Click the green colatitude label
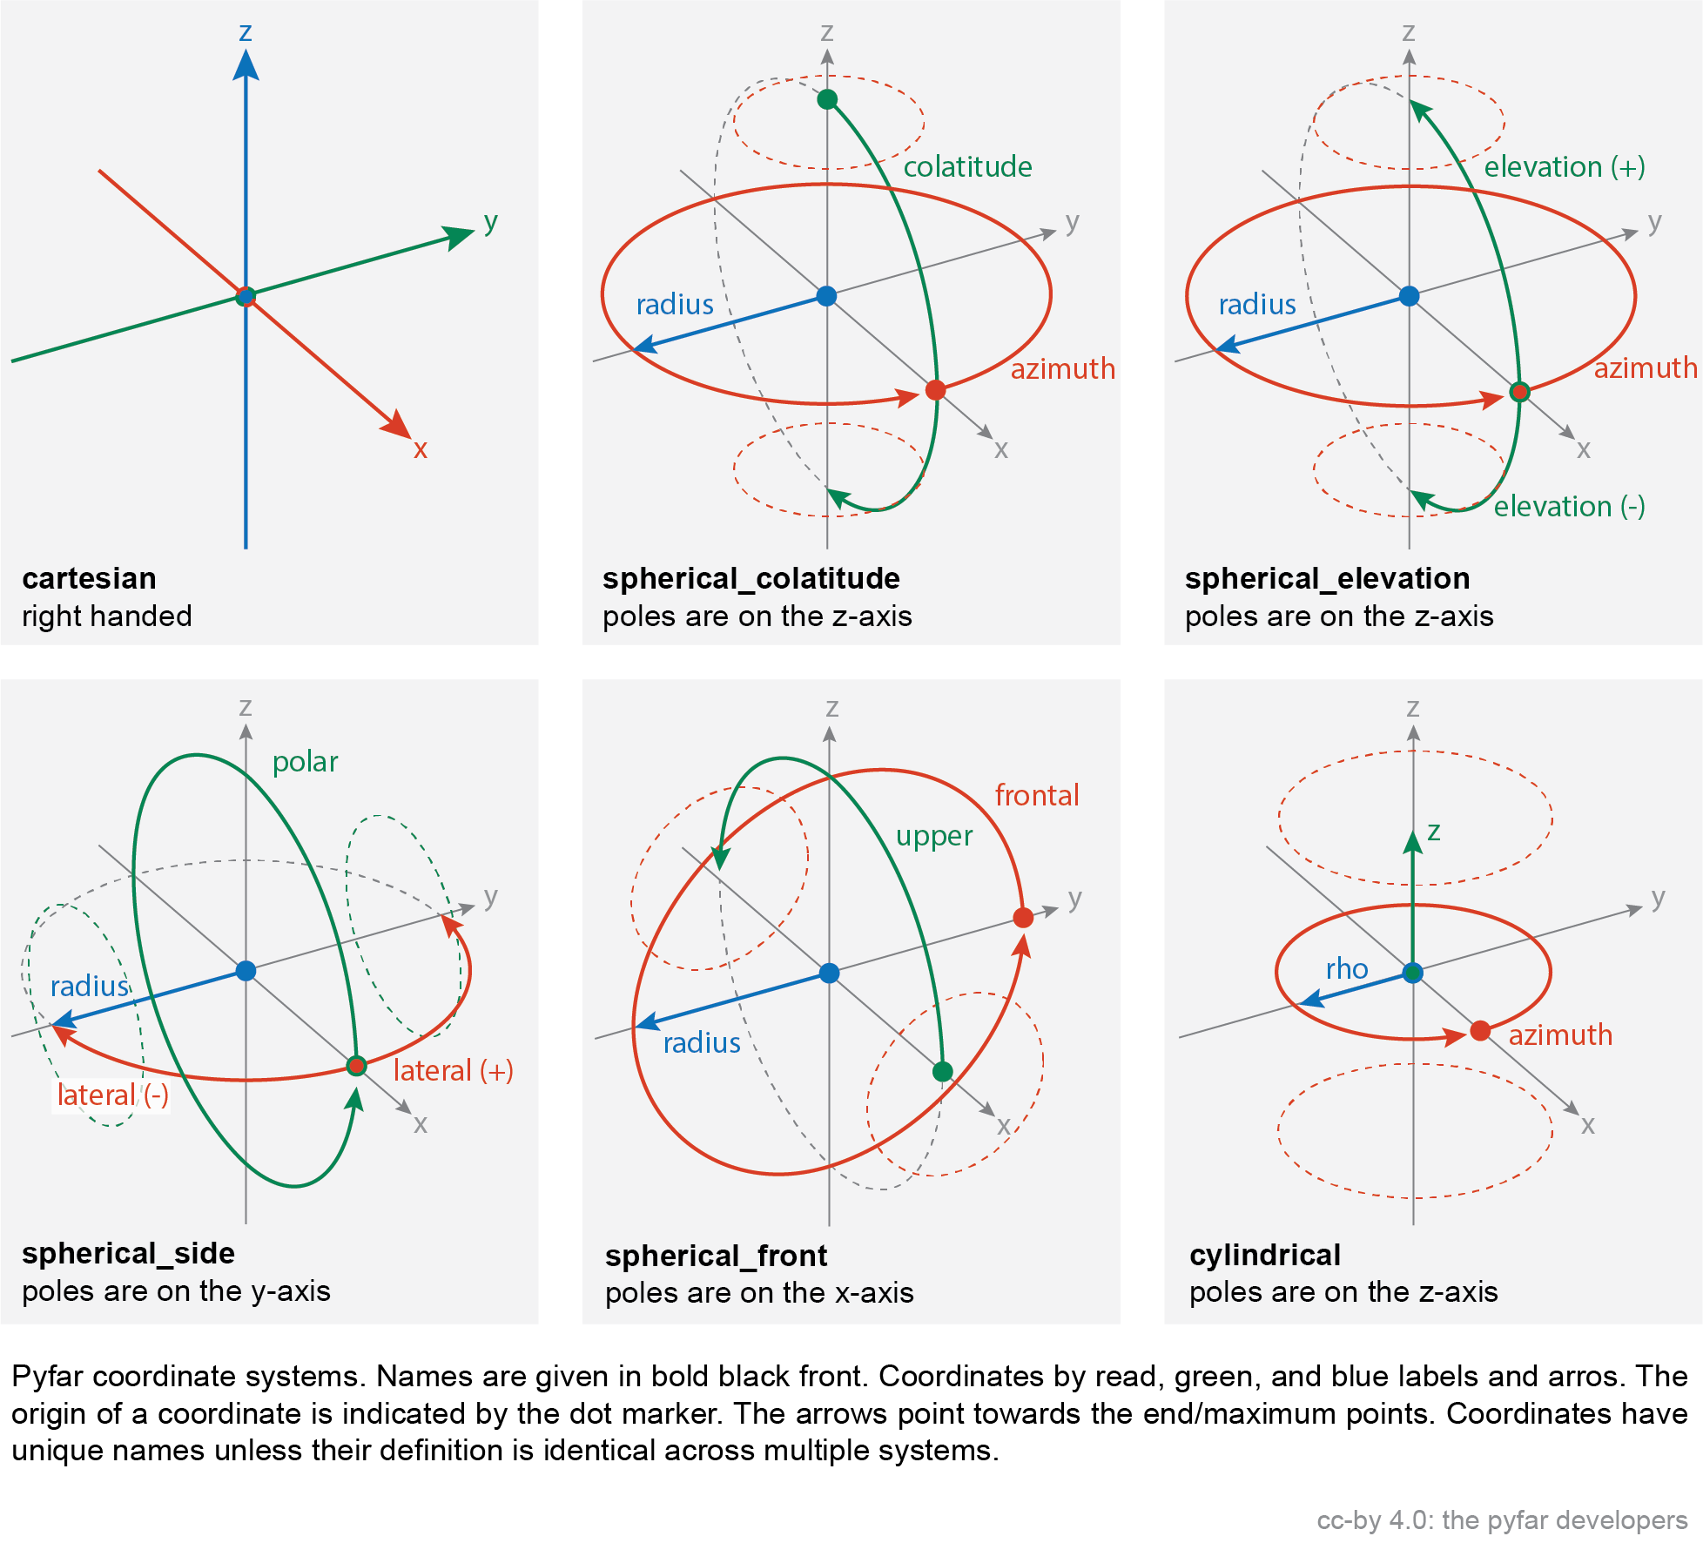[967, 166]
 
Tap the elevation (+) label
[1565, 166]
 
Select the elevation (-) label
[1570, 506]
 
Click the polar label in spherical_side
[305, 763]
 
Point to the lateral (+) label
[453, 1070]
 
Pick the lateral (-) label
[113, 1095]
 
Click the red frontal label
[1037, 795]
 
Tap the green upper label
[934, 837]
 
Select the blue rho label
[1347, 969]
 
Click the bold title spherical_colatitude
[751, 578]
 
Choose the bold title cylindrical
[1265, 1256]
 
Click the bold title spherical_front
[717, 1257]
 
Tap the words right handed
[107, 617]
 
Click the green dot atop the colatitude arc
[827, 99]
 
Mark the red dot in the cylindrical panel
[1480, 1031]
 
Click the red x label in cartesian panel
[421, 449]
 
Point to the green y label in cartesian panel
[491, 223]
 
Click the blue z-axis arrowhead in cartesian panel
[246, 64]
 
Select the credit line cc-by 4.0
[1502, 1520]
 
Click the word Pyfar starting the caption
[48, 1377]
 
